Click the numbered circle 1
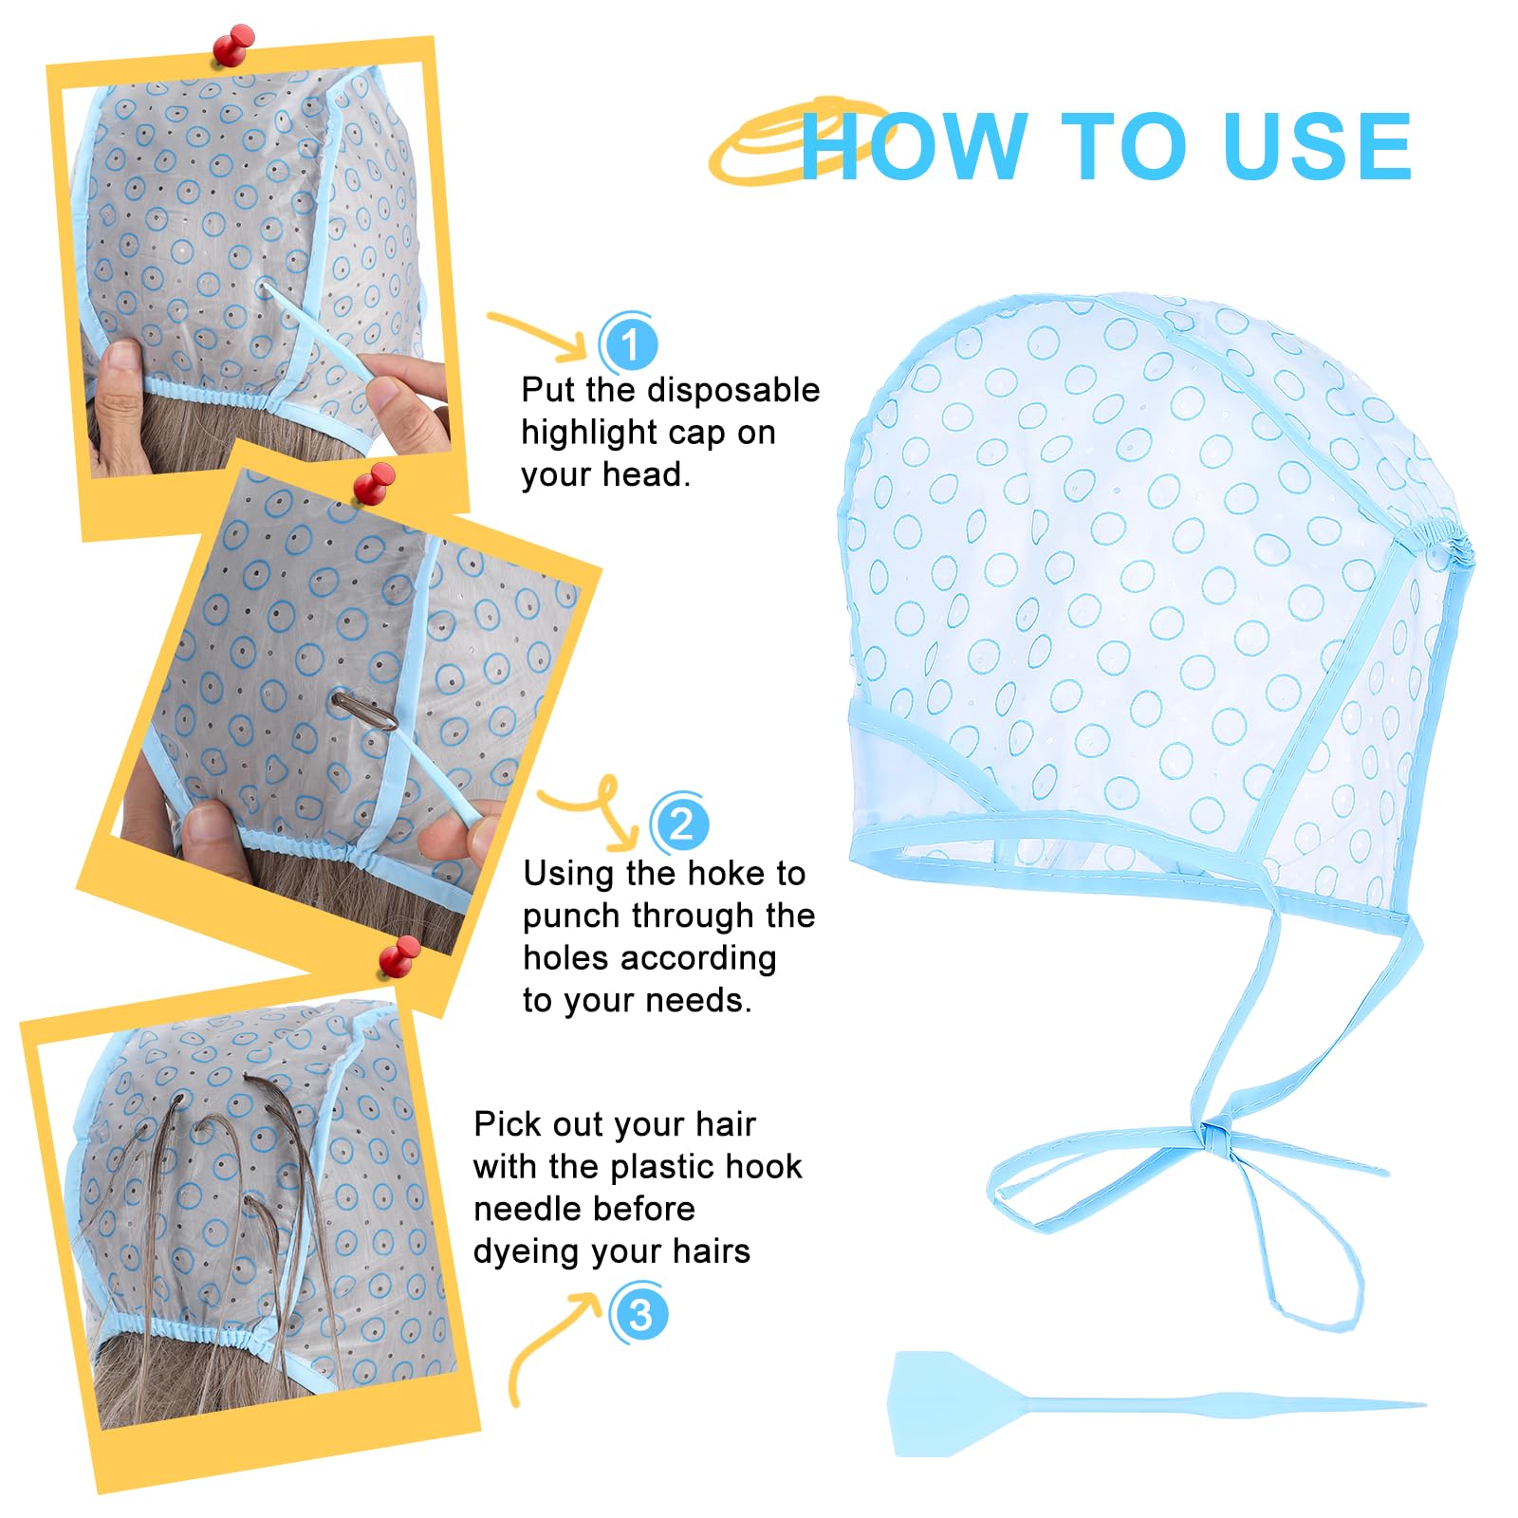click(x=629, y=342)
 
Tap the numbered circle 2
click(x=680, y=823)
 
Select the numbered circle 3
click(x=639, y=1314)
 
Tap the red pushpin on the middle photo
click(x=374, y=484)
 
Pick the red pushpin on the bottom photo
click(x=399, y=955)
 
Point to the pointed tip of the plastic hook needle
click(x=1424, y=1404)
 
